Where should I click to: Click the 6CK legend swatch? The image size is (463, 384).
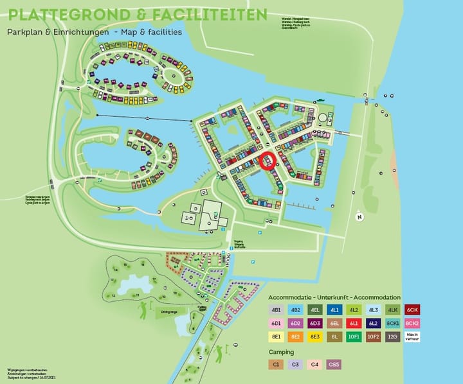(x=413, y=310)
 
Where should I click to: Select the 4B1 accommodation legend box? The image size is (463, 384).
(x=276, y=310)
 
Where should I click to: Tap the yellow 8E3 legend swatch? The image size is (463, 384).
(x=314, y=336)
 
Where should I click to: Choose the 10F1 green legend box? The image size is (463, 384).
(x=354, y=336)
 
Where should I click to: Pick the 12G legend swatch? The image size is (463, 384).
(x=393, y=336)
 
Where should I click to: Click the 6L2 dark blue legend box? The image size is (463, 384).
(x=374, y=323)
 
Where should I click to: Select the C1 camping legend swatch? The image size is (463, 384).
(x=276, y=365)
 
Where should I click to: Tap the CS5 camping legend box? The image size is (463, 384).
(x=334, y=365)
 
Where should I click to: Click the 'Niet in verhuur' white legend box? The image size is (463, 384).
(x=413, y=336)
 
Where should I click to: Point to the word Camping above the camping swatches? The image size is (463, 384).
(x=281, y=352)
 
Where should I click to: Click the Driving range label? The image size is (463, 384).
(x=169, y=312)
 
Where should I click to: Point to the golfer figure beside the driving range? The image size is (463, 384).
(x=142, y=310)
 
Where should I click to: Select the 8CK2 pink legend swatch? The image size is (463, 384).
(x=413, y=323)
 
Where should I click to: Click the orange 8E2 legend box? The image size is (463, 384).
(x=295, y=336)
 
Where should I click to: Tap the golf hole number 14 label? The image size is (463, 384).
(x=116, y=270)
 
